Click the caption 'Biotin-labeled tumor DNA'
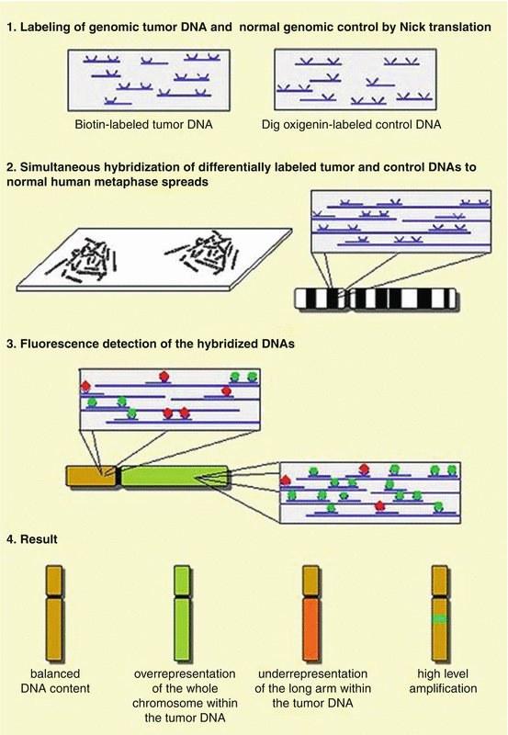coord(143,125)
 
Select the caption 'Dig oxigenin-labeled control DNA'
coord(352,125)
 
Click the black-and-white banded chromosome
coord(376,299)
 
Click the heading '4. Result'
coord(32,539)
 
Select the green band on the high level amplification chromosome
coord(440,618)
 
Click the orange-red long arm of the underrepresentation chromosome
coord(311,628)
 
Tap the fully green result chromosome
coord(182,613)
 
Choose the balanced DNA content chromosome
coord(54,613)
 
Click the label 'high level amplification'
coord(443,681)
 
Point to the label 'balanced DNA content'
coord(55,681)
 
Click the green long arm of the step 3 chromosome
coord(175,476)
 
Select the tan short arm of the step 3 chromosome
coord(91,476)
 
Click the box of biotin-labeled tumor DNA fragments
coord(149,80)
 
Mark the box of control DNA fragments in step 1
coord(356,80)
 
